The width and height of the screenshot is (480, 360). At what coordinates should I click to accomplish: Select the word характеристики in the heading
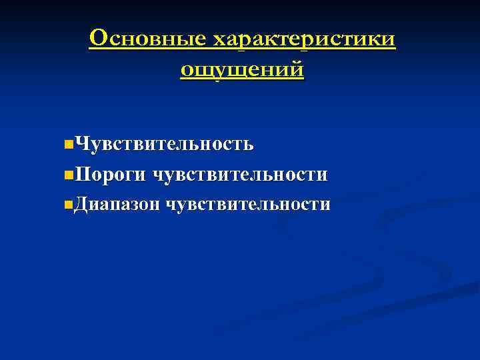[x=303, y=40]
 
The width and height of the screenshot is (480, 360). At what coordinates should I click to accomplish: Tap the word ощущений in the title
[x=241, y=69]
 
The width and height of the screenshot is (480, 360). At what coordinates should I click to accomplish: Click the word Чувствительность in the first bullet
[x=164, y=143]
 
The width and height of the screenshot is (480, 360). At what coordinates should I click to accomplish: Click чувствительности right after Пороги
[x=240, y=174]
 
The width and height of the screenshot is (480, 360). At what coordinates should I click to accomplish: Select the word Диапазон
[x=117, y=203]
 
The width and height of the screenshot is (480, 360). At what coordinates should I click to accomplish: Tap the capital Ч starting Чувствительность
[x=82, y=143]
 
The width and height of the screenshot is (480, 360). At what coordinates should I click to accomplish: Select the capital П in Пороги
[x=83, y=174]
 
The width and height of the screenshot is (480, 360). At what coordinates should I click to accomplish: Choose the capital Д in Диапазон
[x=83, y=203]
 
